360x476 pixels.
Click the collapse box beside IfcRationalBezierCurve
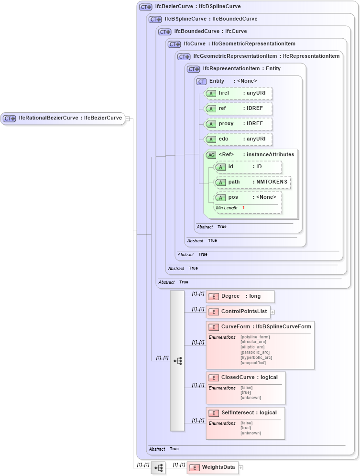coord(128,118)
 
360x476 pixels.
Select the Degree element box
coord(240,296)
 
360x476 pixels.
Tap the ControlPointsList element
coord(238,312)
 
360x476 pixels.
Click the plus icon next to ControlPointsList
coord(273,312)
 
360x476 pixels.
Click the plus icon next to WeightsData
coord(241,467)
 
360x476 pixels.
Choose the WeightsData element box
coord(212,467)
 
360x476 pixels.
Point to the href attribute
coord(238,93)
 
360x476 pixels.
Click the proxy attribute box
coord(238,124)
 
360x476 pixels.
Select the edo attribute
coord(238,139)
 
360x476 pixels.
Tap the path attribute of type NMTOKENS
coord(252,182)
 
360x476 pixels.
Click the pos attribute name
coord(234,197)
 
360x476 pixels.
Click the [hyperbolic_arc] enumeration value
coord(256,357)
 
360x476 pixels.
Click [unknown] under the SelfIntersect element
coord(251,433)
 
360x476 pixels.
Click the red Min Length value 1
coord(243,208)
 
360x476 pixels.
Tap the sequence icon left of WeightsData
coord(158,468)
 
